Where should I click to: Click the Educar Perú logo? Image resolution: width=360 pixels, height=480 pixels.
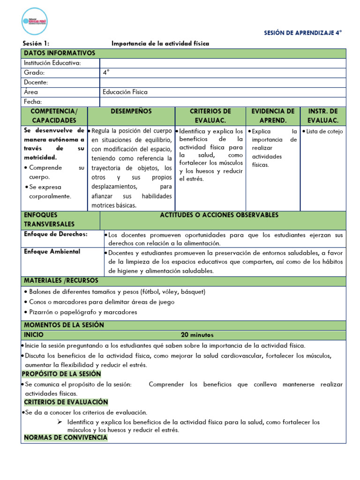35,22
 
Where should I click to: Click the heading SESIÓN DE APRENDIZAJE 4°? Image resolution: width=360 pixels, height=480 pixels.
303,33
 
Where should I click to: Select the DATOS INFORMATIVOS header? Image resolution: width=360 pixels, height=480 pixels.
60,53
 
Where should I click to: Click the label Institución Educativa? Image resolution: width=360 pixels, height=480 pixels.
52,63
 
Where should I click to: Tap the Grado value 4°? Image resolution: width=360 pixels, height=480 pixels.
106,73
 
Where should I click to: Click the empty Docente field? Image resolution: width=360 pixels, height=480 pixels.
223,82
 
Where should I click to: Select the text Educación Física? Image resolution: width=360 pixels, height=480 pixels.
125,92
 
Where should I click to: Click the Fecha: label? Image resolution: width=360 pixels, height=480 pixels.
33,102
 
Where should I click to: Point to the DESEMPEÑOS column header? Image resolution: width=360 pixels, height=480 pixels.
131,112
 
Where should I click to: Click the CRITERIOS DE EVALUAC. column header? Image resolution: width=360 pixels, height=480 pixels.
210,116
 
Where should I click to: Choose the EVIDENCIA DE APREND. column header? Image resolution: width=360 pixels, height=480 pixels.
273,116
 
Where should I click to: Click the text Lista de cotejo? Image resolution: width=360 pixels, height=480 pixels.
324,132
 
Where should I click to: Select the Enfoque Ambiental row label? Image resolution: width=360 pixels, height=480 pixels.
52,252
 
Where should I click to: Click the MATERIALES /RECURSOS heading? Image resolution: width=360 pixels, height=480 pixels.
61,281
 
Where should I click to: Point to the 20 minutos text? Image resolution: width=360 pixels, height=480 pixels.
197,335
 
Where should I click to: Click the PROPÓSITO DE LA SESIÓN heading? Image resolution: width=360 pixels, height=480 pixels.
61,374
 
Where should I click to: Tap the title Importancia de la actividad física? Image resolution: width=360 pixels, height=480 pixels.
160,44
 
